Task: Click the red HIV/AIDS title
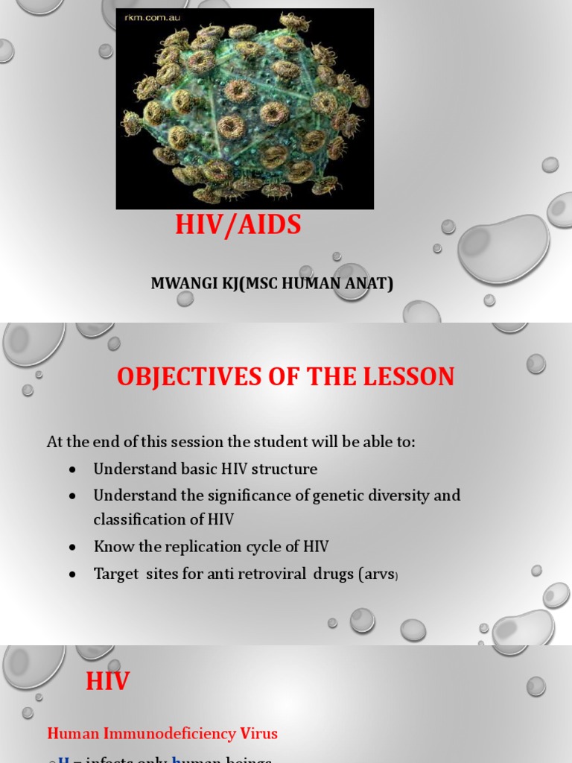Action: pyautogui.click(x=238, y=224)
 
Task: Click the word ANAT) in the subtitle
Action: pyautogui.click(x=368, y=284)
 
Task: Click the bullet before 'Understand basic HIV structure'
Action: pyautogui.click(x=72, y=469)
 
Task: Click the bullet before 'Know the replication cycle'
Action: pyautogui.click(x=72, y=547)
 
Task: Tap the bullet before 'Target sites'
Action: pyautogui.click(x=72, y=574)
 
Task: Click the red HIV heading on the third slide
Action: pyautogui.click(x=108, y=681)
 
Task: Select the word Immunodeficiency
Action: pyautogui.click(x=168, y=733)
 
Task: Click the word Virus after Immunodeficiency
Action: pyautogui.click(x=258, y=733)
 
